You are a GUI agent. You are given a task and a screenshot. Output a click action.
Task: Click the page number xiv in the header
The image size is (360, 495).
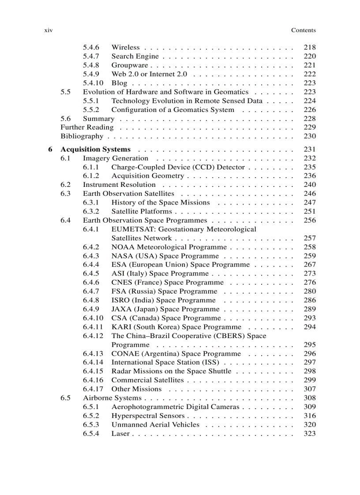tap(49, 30)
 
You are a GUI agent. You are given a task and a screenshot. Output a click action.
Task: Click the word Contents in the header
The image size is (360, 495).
tap(303, 30)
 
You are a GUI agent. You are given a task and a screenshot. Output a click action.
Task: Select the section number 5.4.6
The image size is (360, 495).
tap(91, 47)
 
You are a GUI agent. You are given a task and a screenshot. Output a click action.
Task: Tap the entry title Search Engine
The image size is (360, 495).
tap(135, 56)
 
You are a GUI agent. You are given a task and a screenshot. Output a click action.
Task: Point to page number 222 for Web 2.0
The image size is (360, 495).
tap(310, 74)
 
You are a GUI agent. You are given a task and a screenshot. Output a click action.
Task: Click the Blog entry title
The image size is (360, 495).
tap(119, 83)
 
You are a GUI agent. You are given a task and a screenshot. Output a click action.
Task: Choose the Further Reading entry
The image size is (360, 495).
tap(87, 127)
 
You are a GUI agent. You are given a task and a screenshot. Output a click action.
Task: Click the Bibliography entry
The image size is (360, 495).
tap(82, 136)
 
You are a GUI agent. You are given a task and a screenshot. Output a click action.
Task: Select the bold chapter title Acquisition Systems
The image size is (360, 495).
tap(95, 149)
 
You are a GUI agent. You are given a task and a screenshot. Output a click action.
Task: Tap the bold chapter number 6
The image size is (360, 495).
tap(50, 149)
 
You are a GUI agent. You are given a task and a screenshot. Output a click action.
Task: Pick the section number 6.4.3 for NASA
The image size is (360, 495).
tap(91, 256)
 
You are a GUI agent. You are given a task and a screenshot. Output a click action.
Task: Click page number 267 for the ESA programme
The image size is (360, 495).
tap(310, 265)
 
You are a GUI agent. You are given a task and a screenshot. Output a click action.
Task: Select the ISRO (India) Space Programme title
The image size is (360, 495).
tap(157, 300)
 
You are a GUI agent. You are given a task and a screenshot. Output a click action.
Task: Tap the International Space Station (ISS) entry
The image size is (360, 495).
tap(165, 362)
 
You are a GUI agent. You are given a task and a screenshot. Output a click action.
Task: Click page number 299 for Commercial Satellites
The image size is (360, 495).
tap(310, 380)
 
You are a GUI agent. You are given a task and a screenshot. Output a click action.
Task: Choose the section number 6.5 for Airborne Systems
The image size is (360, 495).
tap(65, 398)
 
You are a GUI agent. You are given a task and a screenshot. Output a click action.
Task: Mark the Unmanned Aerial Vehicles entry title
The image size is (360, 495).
tap(155, 424)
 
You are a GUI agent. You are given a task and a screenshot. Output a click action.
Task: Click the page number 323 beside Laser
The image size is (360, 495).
tap(310, 433)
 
